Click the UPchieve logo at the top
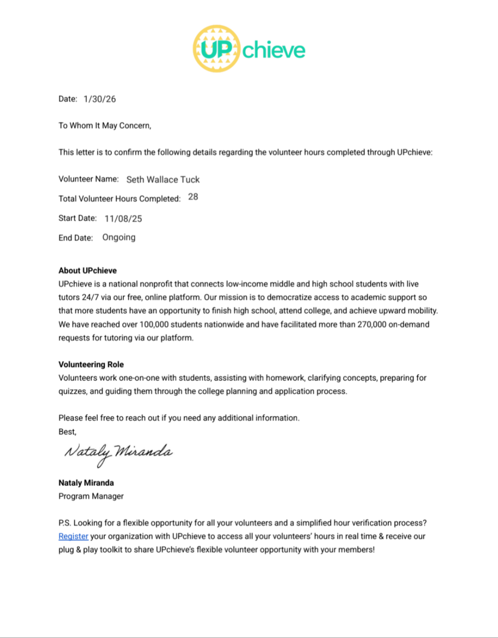(x=249, y=49)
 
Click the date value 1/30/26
(x=100, y=99)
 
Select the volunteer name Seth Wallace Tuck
(x=163, y=179)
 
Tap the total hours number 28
(x=193, y=197)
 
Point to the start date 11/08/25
(x=123, y=218)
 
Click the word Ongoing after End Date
(x=119, y=237)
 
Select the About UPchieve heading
(x=87, y=271)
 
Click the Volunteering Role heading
(x=91, y=364)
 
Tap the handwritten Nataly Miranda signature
(x=118, y=454)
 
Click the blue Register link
(x=73, y=536)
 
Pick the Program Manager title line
(x=91, y=496)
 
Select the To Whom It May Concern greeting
(x=104, y=126)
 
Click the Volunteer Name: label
(x=88, y=179)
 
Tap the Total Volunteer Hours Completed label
(x=119, y=198)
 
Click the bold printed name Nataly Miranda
(x=86, y=482)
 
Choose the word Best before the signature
(x=67, y=431)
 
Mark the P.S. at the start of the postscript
(x=64, y=523)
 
